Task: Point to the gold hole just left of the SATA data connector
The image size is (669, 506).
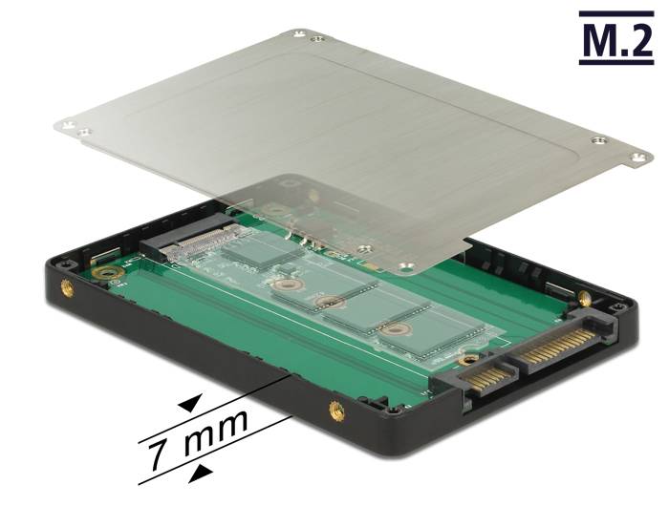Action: coord(466,360)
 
